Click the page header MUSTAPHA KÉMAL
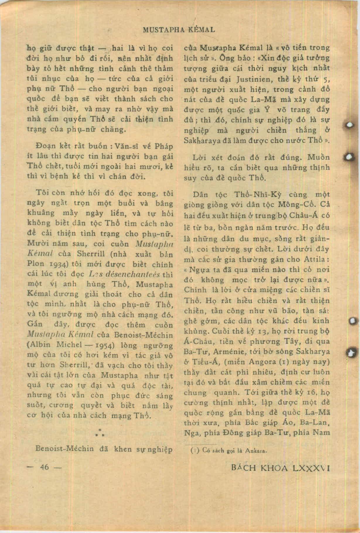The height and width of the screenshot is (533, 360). coord(178,30)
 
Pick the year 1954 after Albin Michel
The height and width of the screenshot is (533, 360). coord(104,345)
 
